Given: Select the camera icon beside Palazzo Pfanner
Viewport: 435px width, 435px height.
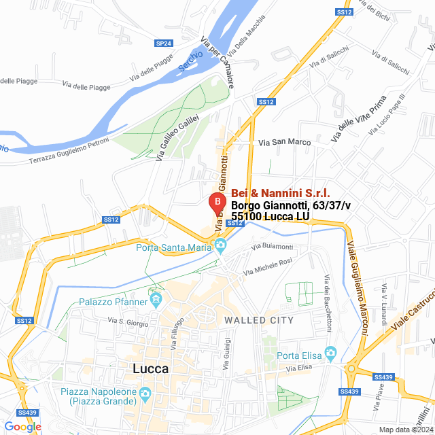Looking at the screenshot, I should click(157, 300).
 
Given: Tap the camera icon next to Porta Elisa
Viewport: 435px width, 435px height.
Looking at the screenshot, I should click(331, 353).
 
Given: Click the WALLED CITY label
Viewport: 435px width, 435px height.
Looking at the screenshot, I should click(259, 320).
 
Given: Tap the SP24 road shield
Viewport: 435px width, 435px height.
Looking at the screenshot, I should click(163, 43).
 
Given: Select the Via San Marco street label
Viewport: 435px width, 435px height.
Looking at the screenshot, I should click(285, 143).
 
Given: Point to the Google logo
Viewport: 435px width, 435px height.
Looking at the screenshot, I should click(22, 427).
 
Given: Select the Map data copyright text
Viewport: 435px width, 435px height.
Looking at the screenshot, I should click(404, 430).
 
